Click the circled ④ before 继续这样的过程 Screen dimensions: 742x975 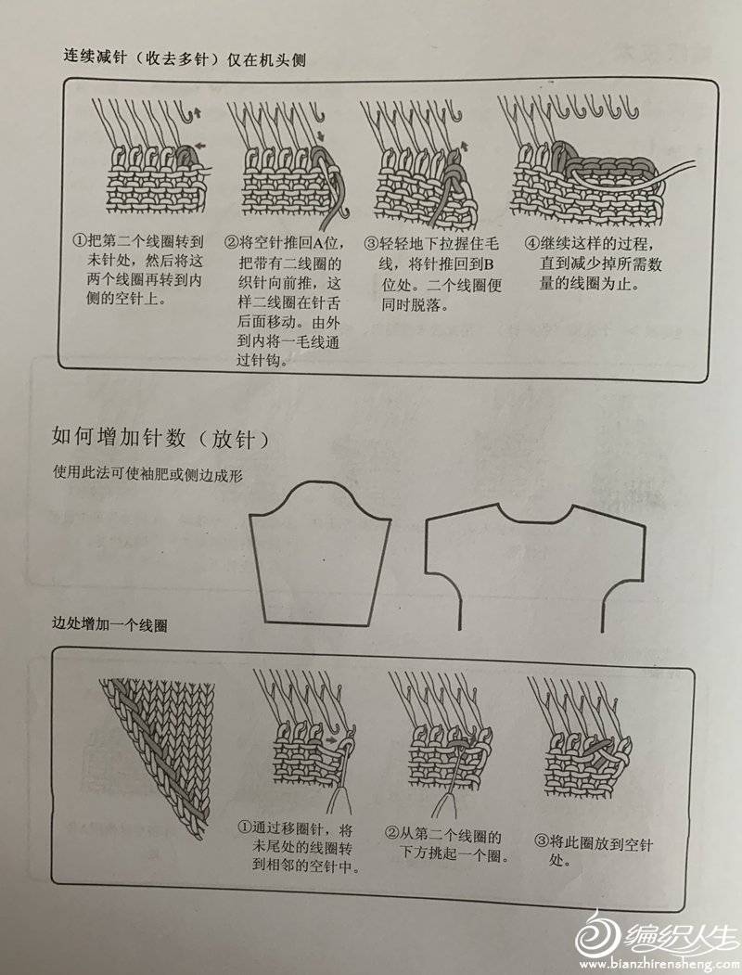pos(532,242)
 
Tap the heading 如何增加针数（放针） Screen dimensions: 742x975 pos(161,438)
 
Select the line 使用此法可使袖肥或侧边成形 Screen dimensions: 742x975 pos(147,474)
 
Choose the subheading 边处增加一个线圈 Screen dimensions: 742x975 pos(109,623)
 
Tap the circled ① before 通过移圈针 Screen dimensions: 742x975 pos(245,827)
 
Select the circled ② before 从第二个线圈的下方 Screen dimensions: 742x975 pos(392,833)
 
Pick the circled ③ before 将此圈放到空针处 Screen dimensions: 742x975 pos(542,841)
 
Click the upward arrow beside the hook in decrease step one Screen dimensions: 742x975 pos(198,112)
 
